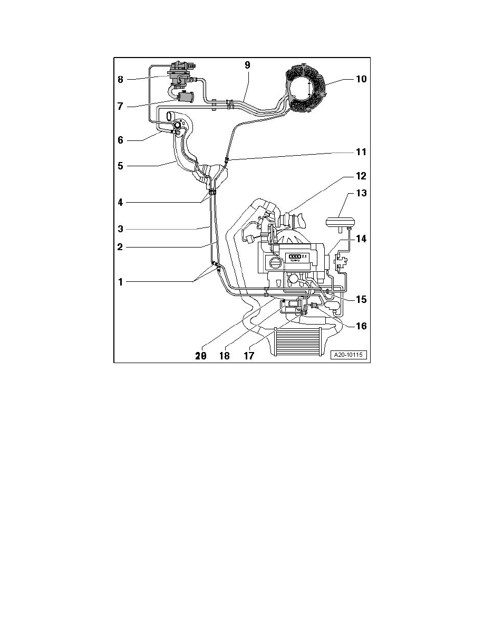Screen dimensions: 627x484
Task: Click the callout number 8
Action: (x=120, y=80)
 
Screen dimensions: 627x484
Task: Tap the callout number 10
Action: (x=361, y=80)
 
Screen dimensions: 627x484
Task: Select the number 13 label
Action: (x=361, y=193)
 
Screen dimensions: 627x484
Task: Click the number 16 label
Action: (x=361, y=326)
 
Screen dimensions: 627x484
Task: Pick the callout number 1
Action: (x=120, y=282)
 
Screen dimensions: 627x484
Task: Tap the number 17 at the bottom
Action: (x=248, y=356)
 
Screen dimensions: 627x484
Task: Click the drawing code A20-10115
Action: (x=349, y=355)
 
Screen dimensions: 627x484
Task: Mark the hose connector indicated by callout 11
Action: (x=226, y=158)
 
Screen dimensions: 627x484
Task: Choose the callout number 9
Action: (x=247, y=65)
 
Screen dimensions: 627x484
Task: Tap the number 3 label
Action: (x=120, y=229)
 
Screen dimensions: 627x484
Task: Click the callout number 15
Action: (x=361, y=299)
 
